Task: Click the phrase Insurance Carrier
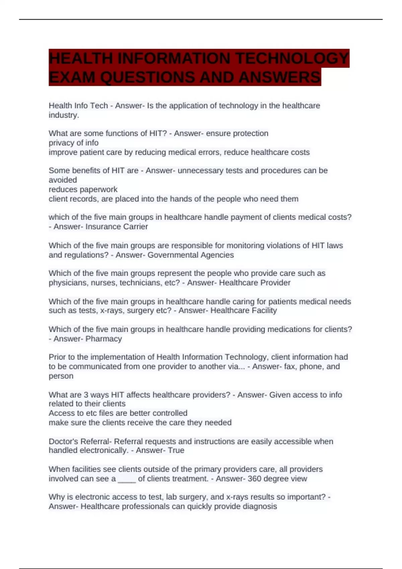coord(117,227)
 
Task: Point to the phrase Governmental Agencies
coord(191,255)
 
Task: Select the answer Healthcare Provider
coord(255,283)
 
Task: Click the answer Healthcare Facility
coord(244,311)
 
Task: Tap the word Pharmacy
coord(104,339)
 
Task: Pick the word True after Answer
coord(176,451)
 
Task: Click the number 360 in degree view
coord(255,479)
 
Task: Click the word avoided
coord(63,180)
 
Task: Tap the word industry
coord(63,115)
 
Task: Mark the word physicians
coord(66,283)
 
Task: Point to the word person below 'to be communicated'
coord(61,376)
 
